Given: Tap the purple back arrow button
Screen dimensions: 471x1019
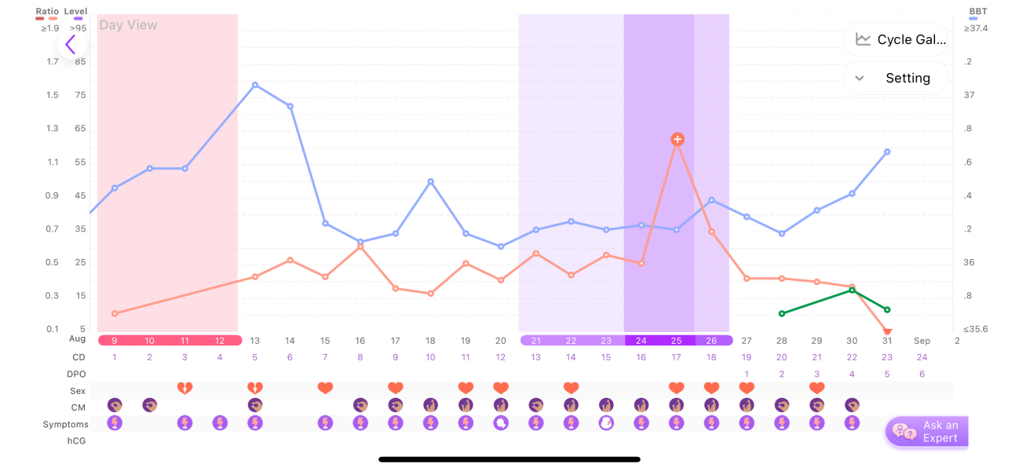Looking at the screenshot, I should click(71, 45).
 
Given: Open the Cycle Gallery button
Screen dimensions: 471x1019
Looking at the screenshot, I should click(896, 39).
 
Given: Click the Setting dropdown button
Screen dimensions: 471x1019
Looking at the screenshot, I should click(896, 78).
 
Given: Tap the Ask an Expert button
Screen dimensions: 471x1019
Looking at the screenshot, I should click(927, 432).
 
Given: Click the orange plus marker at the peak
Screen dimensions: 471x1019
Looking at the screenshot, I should click(678, 139).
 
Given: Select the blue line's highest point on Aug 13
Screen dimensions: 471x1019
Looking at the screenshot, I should click(255, 84).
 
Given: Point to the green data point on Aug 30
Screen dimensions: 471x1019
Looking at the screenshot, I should click(853, 290).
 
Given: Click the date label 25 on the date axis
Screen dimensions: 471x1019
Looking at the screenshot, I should click(677, 341).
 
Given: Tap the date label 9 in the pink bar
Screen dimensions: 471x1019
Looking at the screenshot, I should click(115, 341).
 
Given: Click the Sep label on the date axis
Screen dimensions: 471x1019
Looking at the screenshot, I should click(922, 341).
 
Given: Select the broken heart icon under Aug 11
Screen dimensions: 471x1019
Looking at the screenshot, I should click(184, 388).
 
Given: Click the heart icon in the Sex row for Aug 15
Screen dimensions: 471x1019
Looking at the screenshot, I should click(325, 388).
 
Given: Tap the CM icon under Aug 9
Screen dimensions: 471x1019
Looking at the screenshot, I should click(115, 405).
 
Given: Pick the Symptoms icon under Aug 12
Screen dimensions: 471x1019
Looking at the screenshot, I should click(220, 424).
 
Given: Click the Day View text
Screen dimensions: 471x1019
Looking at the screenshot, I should click(128, 25).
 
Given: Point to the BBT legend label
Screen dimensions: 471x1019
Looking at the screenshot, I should click(978, 12).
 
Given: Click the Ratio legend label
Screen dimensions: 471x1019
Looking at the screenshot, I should click(47, 12).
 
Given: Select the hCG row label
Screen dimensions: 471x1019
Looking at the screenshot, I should click(76, 441).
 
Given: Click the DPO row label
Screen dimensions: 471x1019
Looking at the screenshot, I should click(76, 374).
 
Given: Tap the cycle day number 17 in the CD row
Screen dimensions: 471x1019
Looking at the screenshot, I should click(677, 357).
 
